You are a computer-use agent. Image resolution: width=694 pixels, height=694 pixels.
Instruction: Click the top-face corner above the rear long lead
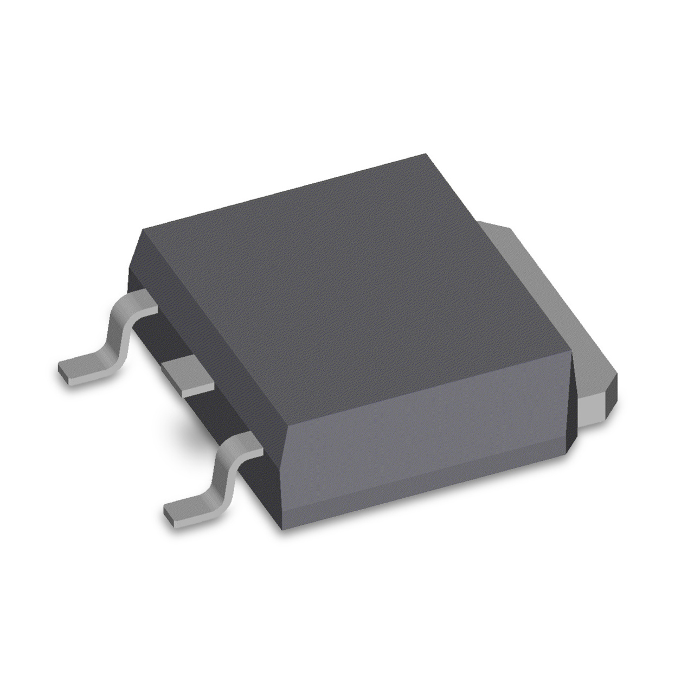[142, 230]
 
